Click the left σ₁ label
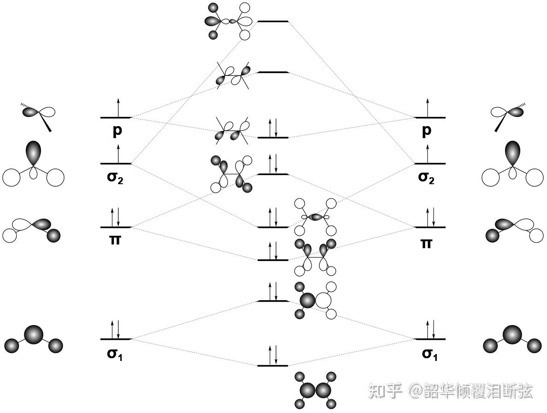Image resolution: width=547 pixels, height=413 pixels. [x=115, y=354]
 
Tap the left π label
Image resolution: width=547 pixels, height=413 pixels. [x=115, y=239]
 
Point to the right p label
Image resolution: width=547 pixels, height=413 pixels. [x=427, y=130]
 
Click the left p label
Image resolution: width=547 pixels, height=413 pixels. [x=117, y=130]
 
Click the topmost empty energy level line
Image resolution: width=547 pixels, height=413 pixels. [x=273, y=21]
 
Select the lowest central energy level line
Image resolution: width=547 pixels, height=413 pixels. [x=273, y=366]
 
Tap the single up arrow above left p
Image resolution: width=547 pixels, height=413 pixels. [x=118, y=107]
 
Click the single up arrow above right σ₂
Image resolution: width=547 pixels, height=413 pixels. [x=428, y=153]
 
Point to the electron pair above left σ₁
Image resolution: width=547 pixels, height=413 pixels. [x=115, y=329]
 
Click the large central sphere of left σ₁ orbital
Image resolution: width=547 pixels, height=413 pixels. [x=33, y=335]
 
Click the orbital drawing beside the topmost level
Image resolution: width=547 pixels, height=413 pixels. [x=229, y=21]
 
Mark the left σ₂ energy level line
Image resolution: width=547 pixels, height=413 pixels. [x=116, y=163]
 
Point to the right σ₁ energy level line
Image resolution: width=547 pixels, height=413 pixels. [x=429, y=339]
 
